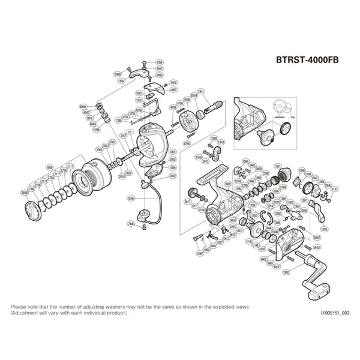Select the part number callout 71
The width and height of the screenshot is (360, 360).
point(129,131)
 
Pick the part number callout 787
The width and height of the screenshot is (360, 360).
point(123,136)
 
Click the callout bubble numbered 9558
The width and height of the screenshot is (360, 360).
point(24,193)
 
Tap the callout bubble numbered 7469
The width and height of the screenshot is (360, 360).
point(117,74)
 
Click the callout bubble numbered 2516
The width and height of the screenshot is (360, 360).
point(122,177)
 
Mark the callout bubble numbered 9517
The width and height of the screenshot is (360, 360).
point(187,203)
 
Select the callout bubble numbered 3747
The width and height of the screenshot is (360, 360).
point(335,188)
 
